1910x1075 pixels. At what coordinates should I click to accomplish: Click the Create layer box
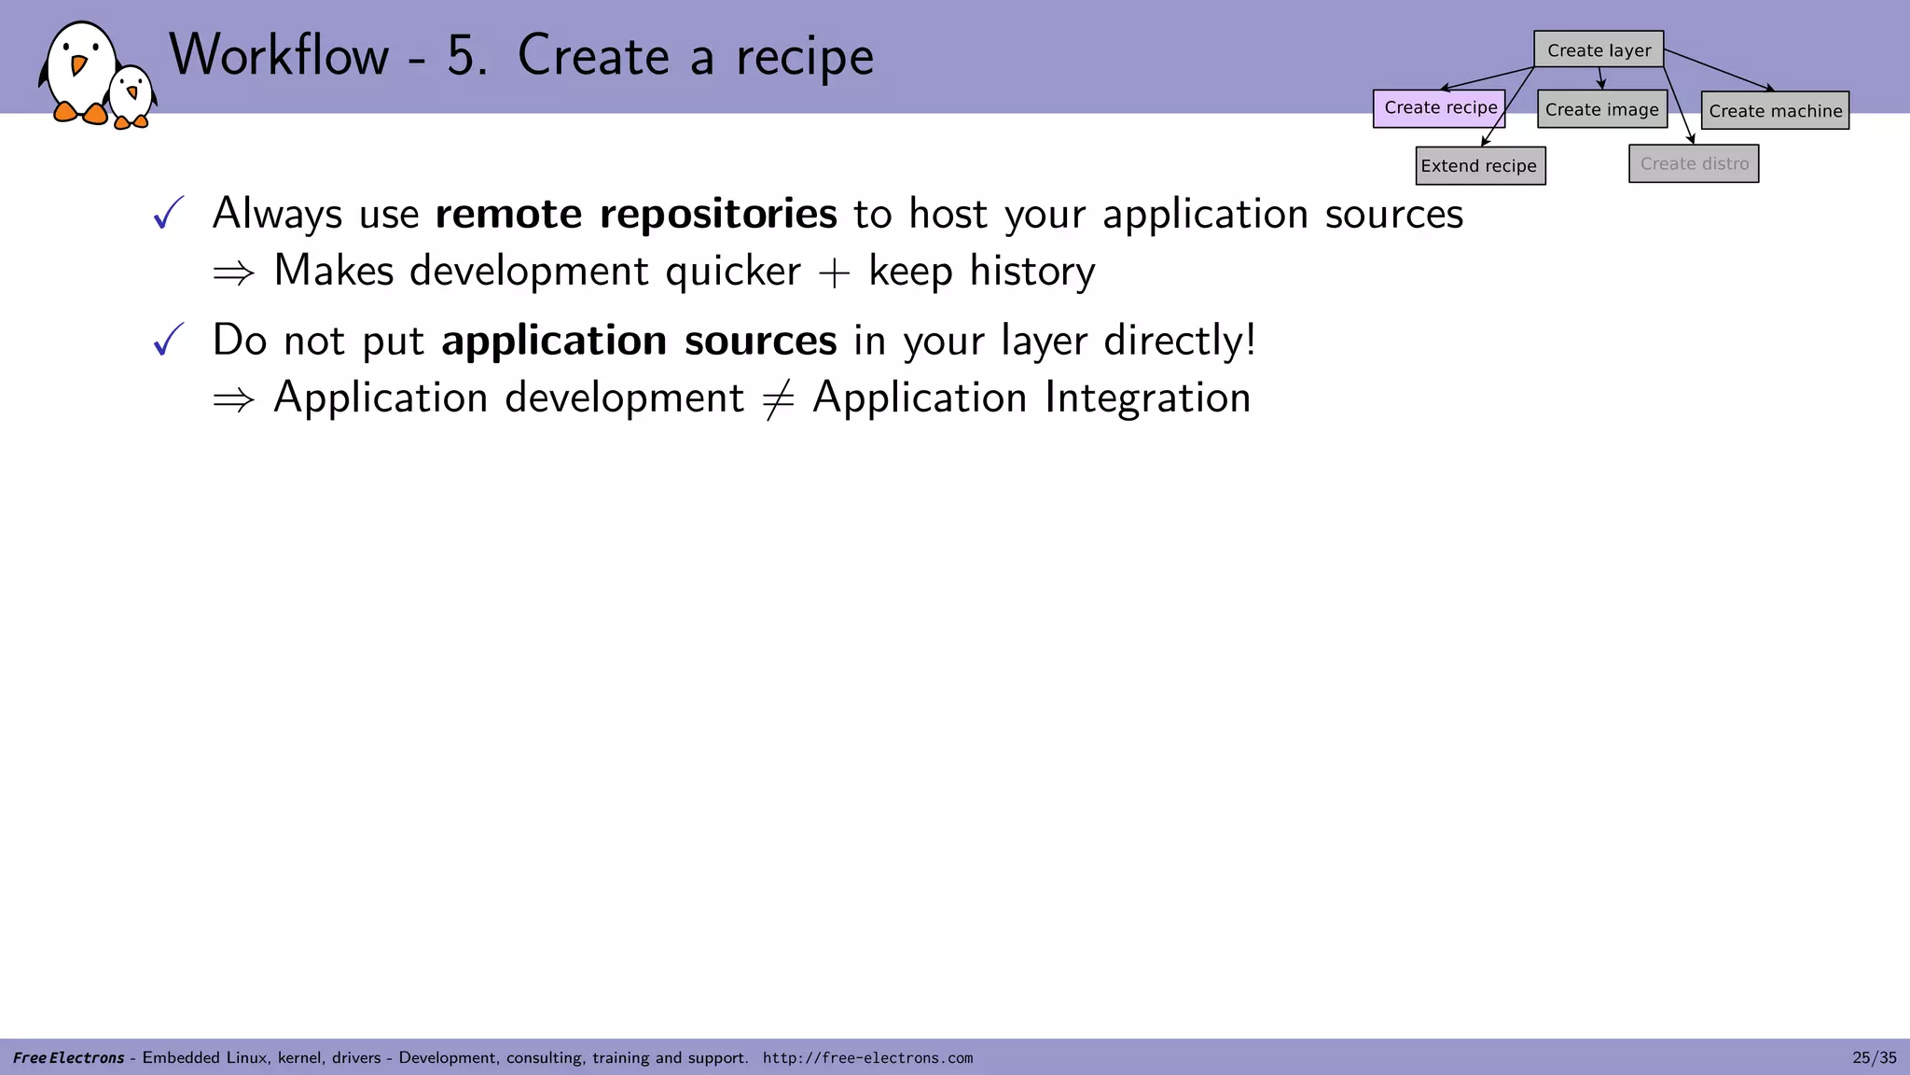[x=1599, y=49]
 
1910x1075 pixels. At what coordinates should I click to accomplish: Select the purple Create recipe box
[x=1439, y=108]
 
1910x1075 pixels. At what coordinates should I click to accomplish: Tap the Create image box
[x=1601, y=109]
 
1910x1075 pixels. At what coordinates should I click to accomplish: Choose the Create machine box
[x=1775, y=110]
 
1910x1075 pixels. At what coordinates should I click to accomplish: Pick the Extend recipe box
[x=1480, y=166]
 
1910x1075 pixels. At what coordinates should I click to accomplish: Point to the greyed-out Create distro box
[x=1694, y=164]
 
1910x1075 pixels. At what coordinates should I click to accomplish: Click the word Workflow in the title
[x=279, y=56]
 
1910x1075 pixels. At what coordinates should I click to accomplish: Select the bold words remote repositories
[x=636, y=214]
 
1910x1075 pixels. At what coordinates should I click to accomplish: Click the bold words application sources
[x=639, y=341]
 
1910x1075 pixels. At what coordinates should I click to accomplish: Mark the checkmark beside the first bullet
[x=168, y=214]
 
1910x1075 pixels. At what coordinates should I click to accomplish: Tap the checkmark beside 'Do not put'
[x=168, y=341]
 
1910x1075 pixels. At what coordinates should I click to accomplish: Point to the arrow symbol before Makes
[x=233, y=273]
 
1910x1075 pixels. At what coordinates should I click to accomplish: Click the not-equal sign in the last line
[x=778, y=399]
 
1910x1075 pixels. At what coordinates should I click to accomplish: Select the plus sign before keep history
[x=834, y=273]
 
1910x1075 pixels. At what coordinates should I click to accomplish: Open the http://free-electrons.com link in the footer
[x=867, y=1058]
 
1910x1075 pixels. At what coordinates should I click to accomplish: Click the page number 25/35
[x=1874, y=1058]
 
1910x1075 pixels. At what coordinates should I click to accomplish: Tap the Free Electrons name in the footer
[x=68, y=1058]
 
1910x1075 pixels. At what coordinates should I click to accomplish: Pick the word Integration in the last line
[x=1147, y=398]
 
